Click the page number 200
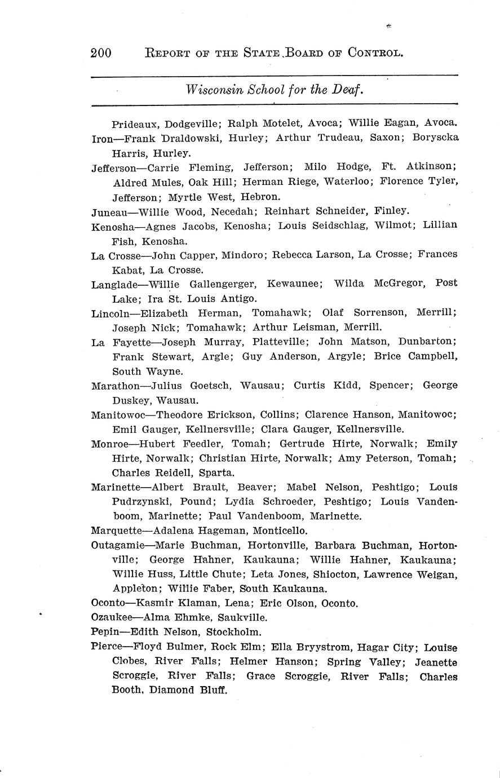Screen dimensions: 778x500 click(x=101, y=54)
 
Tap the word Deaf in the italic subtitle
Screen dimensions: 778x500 click(x=347, y=89)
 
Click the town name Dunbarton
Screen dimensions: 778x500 click(x=427, y=342)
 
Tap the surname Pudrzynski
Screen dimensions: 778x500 click(x=141, y=501)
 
